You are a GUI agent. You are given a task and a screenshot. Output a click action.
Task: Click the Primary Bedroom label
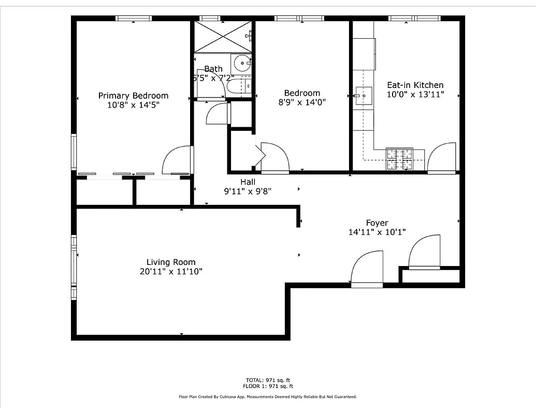133,95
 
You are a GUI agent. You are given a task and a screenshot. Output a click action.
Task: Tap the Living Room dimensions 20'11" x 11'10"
170,271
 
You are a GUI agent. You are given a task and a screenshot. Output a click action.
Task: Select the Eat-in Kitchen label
415,85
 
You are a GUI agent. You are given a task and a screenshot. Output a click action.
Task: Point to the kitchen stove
398,159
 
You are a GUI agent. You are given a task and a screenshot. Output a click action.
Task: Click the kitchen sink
364,96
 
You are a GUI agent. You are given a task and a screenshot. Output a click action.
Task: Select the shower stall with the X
222,36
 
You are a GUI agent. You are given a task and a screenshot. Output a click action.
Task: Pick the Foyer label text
377,223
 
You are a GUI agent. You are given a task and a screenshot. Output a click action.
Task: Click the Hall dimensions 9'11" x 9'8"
248,191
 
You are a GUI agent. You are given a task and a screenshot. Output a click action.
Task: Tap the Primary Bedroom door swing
176,160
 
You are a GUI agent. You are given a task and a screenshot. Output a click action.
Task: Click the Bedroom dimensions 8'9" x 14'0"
302,102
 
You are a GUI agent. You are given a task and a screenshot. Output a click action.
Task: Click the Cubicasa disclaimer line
268,397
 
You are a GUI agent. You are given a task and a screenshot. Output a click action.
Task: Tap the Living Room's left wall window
74,268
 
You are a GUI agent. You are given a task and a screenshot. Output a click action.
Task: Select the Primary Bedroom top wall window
133,19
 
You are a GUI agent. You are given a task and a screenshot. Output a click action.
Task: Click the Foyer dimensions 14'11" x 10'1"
377,232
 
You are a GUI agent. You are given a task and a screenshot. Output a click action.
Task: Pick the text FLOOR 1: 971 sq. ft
268,387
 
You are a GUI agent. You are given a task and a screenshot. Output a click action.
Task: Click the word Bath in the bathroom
213,69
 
